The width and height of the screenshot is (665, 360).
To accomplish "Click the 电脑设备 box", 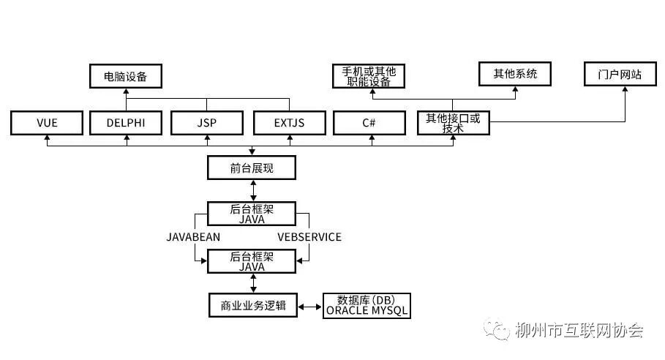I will point(125,75).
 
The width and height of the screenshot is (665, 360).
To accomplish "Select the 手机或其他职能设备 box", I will point(369,75).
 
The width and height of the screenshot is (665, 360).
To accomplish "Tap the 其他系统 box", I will point(515,74).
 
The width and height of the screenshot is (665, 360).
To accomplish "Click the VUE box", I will point(46,123).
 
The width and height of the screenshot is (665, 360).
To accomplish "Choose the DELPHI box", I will point(125,123).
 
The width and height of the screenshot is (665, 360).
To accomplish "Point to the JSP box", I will point(207,123).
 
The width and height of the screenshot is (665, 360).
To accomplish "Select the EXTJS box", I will point(289,123).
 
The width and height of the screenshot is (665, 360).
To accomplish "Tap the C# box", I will point(369,123).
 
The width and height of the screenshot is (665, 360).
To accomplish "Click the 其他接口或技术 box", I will point(454,123).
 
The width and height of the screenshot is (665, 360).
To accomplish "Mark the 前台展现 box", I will point(252,168).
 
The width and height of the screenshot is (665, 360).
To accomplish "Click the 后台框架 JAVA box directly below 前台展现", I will point(252,214).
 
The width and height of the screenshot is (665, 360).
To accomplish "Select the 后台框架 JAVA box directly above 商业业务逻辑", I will point(252,261).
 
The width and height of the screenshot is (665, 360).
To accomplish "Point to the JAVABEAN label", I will point(193,237).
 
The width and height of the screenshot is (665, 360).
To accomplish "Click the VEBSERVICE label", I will point(309,237).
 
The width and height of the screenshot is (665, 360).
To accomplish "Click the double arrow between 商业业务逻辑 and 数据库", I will point(310,307).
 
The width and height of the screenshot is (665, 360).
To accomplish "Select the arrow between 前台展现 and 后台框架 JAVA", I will point(252,190).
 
